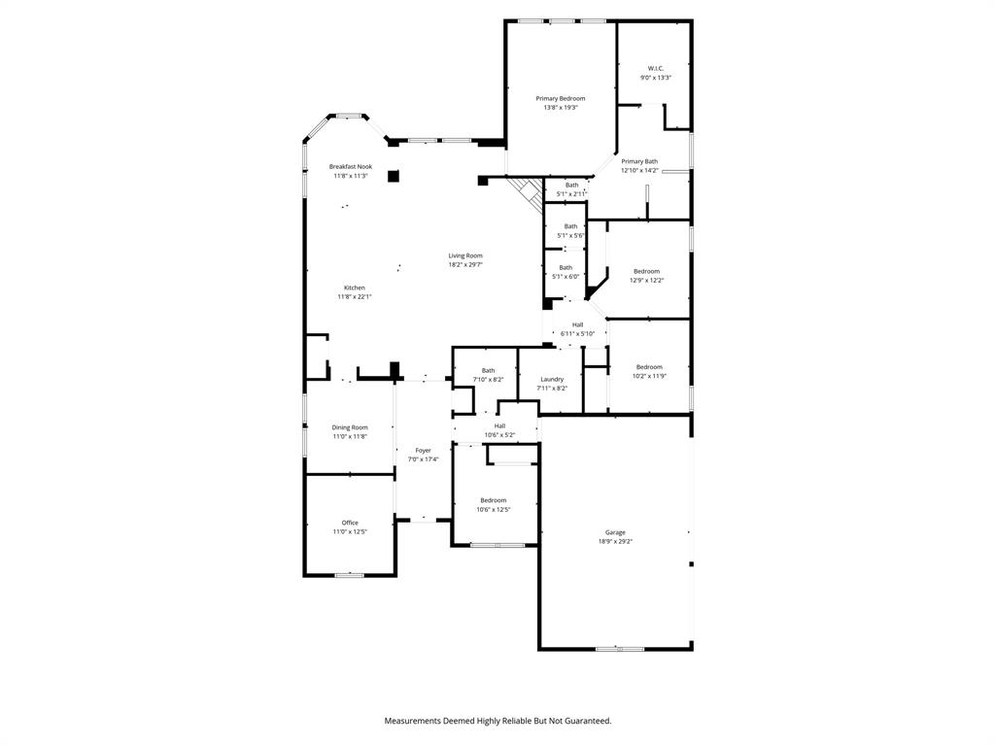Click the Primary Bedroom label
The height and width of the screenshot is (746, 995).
[x=561, y=99]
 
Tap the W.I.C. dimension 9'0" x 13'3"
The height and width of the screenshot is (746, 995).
[x=655, y=78]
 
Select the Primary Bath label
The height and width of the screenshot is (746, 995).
[x=639, y=161]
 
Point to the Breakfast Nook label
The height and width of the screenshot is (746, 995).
[x=350, y=167]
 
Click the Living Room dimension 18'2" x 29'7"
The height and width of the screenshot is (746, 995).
[x=465, y=264]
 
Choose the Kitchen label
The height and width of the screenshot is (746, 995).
[x=355, y=288]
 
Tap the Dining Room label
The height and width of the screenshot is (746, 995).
[x=350, y=427]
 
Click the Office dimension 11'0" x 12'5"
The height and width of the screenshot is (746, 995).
[x=350, y=531]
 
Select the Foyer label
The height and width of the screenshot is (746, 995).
[x=424, y=451]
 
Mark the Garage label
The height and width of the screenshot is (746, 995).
[x=615, y=532]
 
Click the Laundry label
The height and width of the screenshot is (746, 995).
[x=552, y=380]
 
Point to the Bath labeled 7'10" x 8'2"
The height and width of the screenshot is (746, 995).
[x=488, y=370]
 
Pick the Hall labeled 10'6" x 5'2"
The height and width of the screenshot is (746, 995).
[x=499, y=425]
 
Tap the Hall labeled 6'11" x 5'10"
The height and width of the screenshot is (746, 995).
[x=577, y=324]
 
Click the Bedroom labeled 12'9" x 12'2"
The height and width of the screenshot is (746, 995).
[x=646, y=271]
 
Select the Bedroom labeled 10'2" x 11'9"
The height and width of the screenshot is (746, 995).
[x=648, y=366]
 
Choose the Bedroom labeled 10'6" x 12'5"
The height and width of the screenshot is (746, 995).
[x=493, y=500]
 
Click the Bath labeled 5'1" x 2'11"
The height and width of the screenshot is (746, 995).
[x=571, y=185]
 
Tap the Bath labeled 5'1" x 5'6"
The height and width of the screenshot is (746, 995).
[x=570, y=226]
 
